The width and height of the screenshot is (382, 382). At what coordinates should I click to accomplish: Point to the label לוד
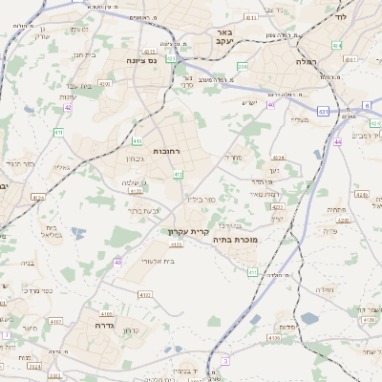[341, 17]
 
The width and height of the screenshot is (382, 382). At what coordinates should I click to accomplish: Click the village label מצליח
[299, 119]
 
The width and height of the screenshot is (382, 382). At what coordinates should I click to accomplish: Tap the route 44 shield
[337, 142]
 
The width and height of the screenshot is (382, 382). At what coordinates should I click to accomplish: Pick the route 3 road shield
[225, 360]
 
